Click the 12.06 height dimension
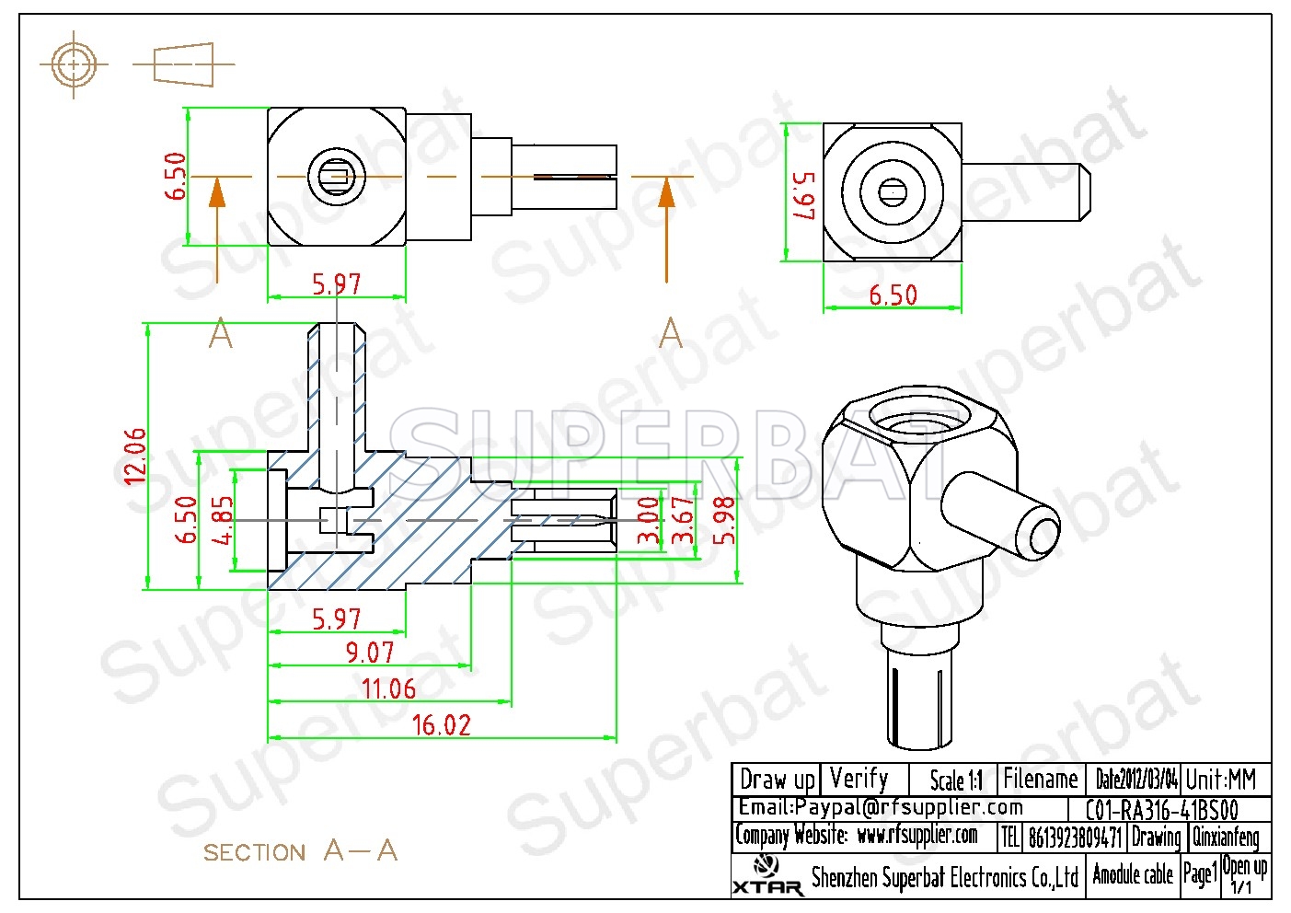tap(135, 456)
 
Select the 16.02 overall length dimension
tap(442, 725)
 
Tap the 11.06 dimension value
tap(388, 688)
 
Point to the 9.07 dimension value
tap(370, 653)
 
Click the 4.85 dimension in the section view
tap(223, 521)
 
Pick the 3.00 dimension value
tap(649, 521)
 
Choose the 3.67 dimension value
tap(684, 521)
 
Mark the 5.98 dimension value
tap(724, 521)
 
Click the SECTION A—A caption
tap(300, 850)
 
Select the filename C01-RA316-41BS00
tap(1162, 810)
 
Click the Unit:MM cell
tap(1221, 780)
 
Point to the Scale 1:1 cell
tap(956, 780)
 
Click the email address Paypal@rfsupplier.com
tap(908, 807)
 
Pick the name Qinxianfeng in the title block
tap(1226, 837)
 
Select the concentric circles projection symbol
tap(74, 64)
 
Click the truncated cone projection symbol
tap(184, 64)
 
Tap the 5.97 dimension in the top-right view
tap(804, 195)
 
